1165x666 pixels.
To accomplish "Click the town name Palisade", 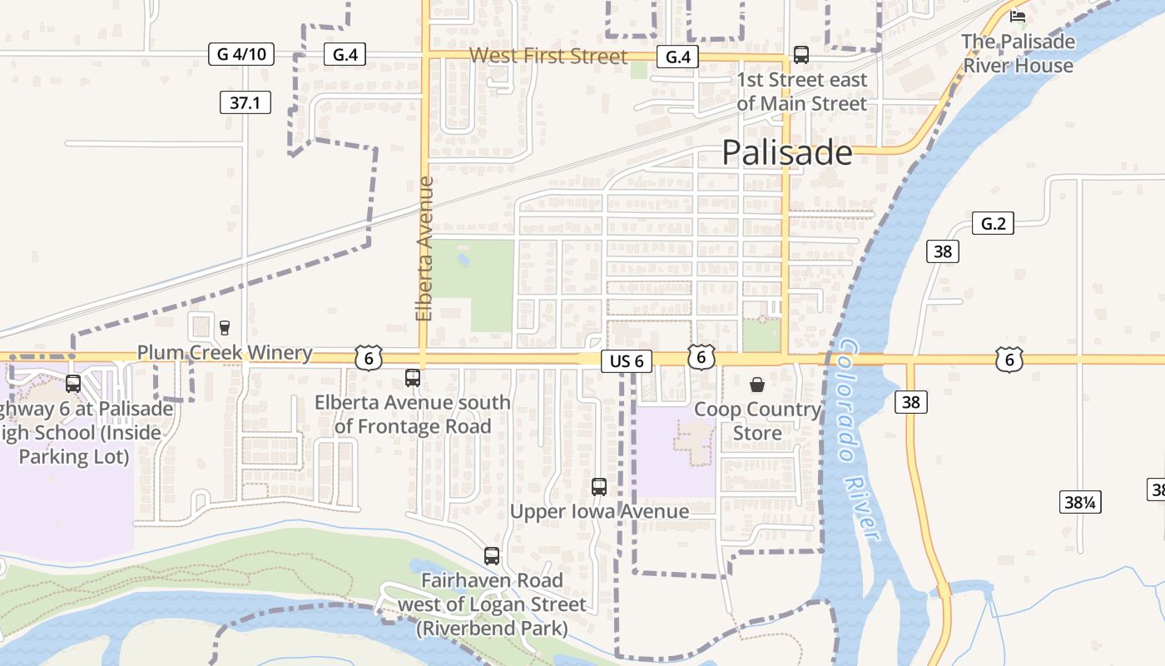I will pyautogui.click(x=786, y=153).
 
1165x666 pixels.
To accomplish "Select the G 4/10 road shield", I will pyautogui.click(x=240, y=55).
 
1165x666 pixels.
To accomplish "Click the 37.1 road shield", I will pyautogui.click(x=245, y=103).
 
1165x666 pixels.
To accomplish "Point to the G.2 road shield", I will pyautogui.click(x=993, y=223).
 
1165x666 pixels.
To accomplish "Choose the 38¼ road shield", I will pyautogui.click(x=1080, y=502).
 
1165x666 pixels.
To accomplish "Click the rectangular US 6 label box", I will pyautogui.click(x=626, y=361).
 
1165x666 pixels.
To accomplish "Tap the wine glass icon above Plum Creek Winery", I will pyautogui.click(x=224, y=327).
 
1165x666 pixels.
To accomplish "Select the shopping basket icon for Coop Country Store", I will pyautogui.click(x=757, y=384).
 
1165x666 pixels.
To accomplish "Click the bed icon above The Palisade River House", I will pyautogui.click(x=1018, y=16).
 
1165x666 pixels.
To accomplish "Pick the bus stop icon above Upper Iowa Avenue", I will pyautogui.click(x=599, y=487).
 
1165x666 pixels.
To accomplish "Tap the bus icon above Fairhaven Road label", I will pyautogui.click(x=492, y=555).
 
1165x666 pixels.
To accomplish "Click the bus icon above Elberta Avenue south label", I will pyautogui.click(x=413, y=378).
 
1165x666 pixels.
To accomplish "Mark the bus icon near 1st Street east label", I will pyautogui.click(x=801, y=55).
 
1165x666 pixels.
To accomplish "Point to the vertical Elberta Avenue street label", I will pyautogui.click(x=424, y=248).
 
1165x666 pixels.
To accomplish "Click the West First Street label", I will pyautogui.click(x=548, y=56).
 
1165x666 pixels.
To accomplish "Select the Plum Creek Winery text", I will pyautogui.click(x=225, y=353).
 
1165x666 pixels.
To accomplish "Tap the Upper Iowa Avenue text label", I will pyautogui.click(x=599, y=511).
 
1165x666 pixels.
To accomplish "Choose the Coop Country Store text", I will pyautogui.click(x=757, y=421).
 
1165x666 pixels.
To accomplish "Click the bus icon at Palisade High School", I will pyautogui.click(x=73, y=384).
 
